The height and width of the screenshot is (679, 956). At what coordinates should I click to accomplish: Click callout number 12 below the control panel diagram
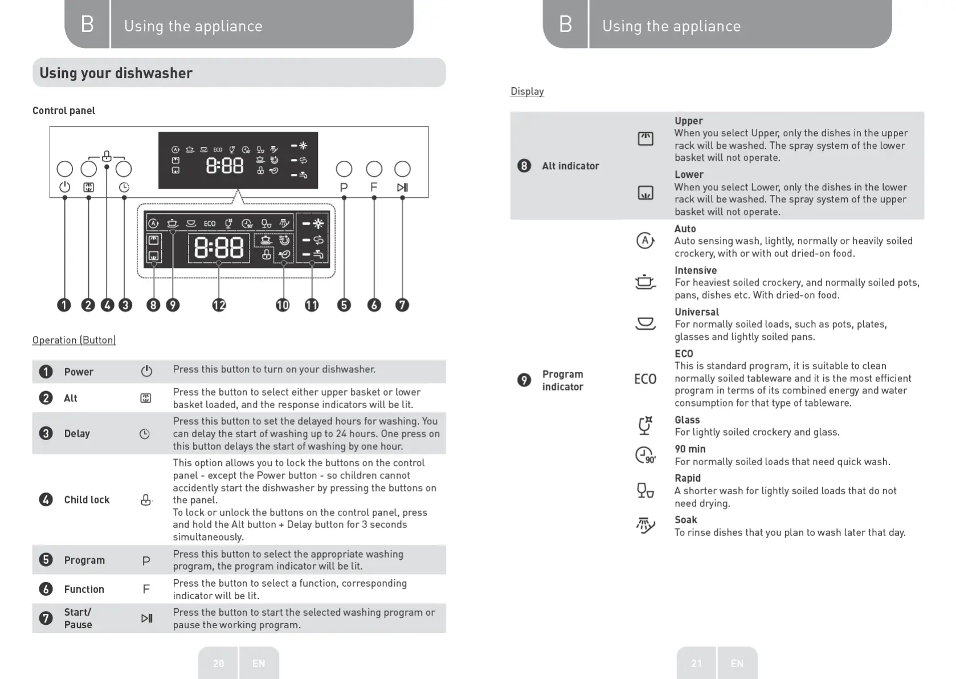(219, 305)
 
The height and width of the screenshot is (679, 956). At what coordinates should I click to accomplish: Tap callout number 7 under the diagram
(402, 305)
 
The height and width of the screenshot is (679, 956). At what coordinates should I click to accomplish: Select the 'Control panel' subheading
(64, 111)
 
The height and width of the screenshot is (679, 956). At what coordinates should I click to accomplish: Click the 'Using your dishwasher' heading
(116, 73)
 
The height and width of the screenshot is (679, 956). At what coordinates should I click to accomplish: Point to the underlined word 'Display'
(527, 91)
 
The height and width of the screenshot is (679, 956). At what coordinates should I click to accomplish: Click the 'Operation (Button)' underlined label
(74, 340)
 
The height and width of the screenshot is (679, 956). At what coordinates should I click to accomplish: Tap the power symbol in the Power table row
(146, 371)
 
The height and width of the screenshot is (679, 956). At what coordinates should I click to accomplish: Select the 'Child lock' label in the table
(87, 500)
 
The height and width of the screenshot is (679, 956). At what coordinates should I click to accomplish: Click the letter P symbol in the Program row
(146, 560)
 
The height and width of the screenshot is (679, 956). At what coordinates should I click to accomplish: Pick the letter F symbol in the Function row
(146, 589)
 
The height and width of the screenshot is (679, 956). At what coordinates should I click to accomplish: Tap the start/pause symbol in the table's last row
(146, 618)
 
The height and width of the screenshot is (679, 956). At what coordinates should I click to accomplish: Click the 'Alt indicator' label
(570, 166)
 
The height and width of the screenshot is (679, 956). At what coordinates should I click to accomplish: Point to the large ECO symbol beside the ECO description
(645, 379)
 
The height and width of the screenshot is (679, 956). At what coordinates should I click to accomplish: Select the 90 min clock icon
(645, 456)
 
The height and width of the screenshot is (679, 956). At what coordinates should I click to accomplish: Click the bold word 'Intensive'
(696, 270)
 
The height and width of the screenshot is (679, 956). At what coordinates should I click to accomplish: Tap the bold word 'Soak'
(686, 520)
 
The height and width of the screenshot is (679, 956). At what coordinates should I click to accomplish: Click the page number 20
(218, 663)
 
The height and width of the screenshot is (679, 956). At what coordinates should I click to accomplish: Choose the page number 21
(696, 663)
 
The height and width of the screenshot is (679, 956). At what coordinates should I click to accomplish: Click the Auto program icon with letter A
(644, 241)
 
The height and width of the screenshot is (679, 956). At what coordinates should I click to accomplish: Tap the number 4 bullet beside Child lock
(46, 500)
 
